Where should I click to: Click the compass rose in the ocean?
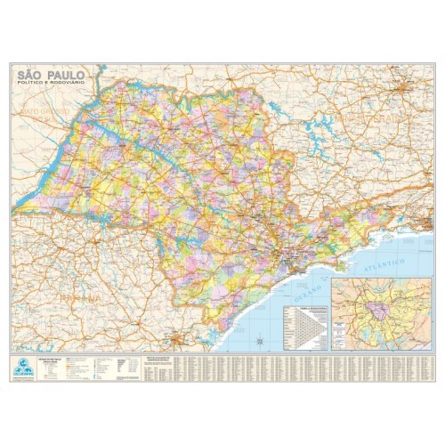pyautogui.click(x=257, y=337)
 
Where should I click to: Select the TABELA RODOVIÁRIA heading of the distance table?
pyautogui.click(x=308, y=303)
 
